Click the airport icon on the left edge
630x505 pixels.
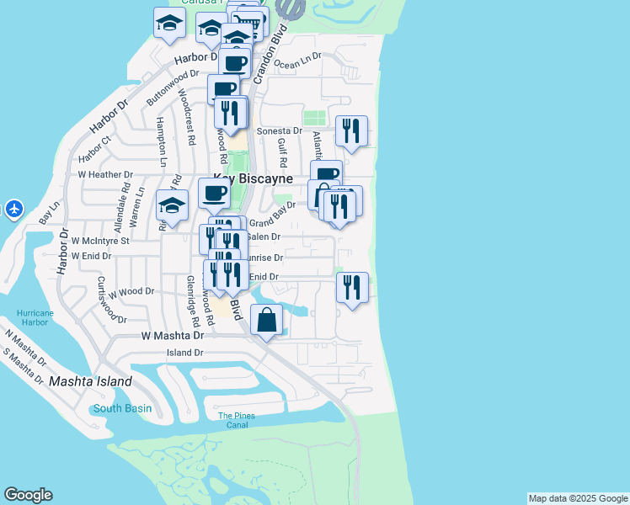coord(14,208)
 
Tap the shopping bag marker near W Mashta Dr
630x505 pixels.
coord(266,322)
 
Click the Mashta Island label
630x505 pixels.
coord(90,381)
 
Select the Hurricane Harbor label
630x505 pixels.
coord(34,317)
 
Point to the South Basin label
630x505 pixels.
coord(122,408)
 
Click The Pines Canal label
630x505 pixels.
coord(236,420)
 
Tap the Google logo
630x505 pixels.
coord(29,495)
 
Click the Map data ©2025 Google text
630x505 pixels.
coord(577,498)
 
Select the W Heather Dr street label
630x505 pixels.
coord(105,175)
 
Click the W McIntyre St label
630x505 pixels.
coord(99,240)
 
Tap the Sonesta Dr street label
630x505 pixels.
coord(279,131)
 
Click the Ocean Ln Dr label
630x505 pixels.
coord(298,61)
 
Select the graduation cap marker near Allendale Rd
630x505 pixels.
coord(172,207)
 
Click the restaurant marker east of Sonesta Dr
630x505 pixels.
coord(351,132)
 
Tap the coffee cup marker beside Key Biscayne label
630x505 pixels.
coord(214,194)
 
